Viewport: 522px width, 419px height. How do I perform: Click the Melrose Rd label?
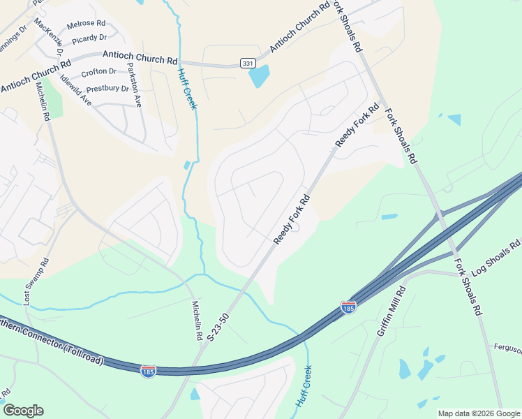[85, 24]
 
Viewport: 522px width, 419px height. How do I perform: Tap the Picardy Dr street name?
[89, 38]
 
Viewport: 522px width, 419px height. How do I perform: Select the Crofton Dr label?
[98, 71]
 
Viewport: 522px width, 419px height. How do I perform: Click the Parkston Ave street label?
[133, 86]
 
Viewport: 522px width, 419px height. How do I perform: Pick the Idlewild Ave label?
[76, 89]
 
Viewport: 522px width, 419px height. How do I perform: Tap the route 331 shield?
[248, 64]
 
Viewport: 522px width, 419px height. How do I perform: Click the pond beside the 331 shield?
[259, 75]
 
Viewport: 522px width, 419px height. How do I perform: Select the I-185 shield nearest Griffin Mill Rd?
[349, 307]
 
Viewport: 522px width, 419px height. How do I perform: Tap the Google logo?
[23, 411]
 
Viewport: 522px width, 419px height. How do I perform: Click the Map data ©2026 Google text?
[479, 413]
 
